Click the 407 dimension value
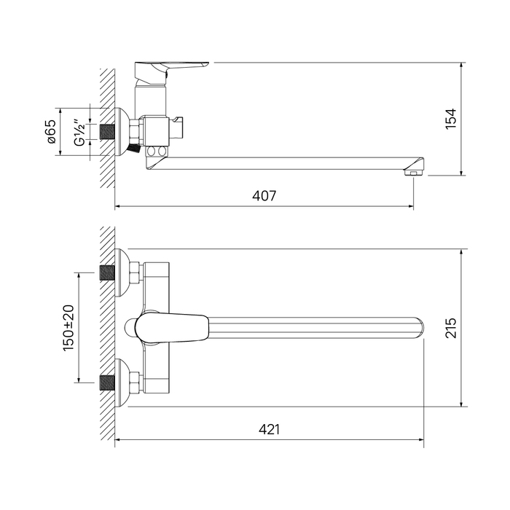click(264, 196)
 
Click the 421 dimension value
click(269, 429)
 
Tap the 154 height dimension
click(451, 119)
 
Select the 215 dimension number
click(451, 328)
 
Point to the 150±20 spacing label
click(68, 328)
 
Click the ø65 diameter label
click(52, 131)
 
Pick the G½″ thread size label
click(79, 133)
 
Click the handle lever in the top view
click(173, 328)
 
